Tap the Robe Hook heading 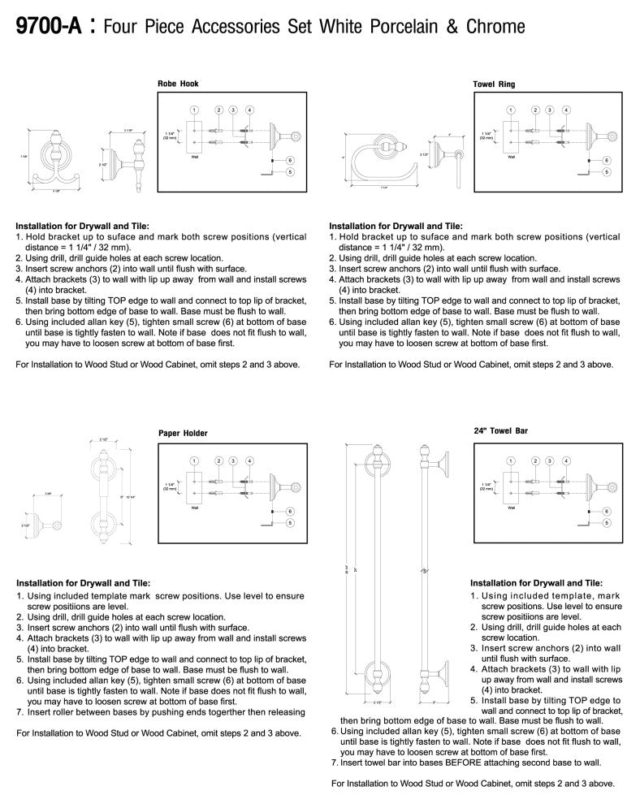click(x=178, y=84)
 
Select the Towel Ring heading click(x=494, y=84)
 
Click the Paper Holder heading click(x=183, y=433)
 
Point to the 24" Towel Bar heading click(x=501, y=431)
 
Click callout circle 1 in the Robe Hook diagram click(x=195, y=109)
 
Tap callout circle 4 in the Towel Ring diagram click(x=566, y=109)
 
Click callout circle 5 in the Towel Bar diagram click(x=606, y=524)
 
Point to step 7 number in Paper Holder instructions click(x=19, y=711)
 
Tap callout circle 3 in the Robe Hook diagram click(x=233, y=109)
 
